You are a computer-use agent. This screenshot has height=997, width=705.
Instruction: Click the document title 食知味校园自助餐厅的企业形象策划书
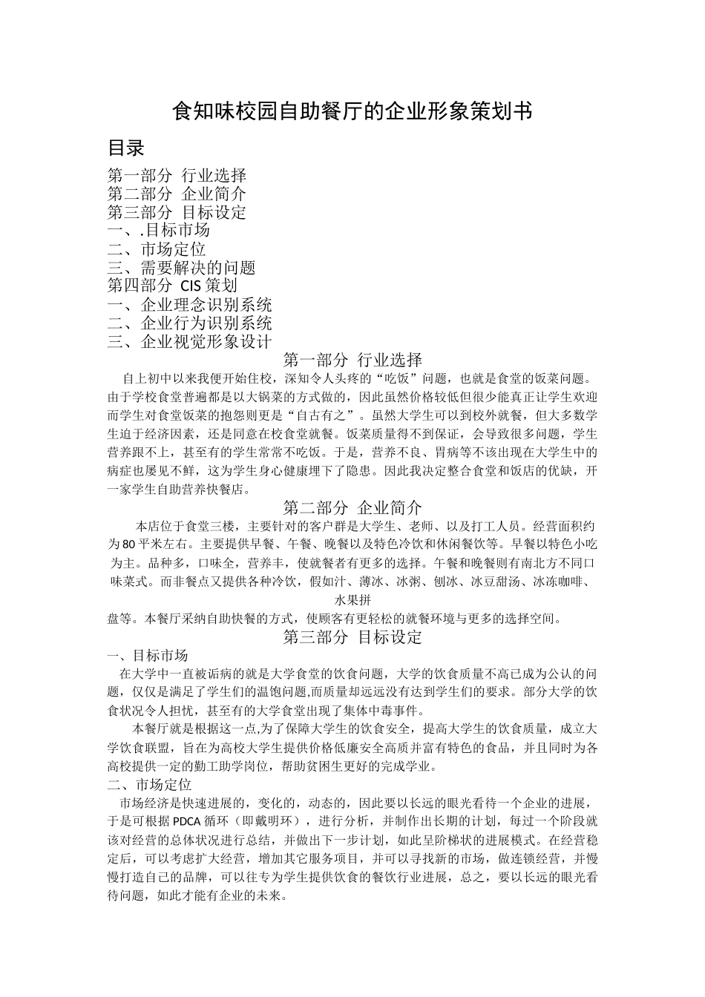352,112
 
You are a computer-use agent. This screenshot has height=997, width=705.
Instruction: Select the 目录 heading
125,148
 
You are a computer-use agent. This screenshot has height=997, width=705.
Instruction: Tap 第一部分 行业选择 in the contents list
177,176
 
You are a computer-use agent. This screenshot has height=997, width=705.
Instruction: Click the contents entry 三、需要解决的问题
181,268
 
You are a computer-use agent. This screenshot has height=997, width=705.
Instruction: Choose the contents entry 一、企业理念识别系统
189,304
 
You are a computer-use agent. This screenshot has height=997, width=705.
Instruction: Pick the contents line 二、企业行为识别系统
189,323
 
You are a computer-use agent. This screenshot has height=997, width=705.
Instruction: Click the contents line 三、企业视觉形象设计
189,341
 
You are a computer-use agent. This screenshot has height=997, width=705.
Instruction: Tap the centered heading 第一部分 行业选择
352,361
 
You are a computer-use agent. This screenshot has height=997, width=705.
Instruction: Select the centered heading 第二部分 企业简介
352,507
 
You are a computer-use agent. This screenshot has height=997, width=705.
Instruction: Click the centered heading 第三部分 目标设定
352,636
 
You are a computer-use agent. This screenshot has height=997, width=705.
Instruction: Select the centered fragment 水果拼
352,599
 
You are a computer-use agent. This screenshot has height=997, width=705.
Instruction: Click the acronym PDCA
187,822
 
